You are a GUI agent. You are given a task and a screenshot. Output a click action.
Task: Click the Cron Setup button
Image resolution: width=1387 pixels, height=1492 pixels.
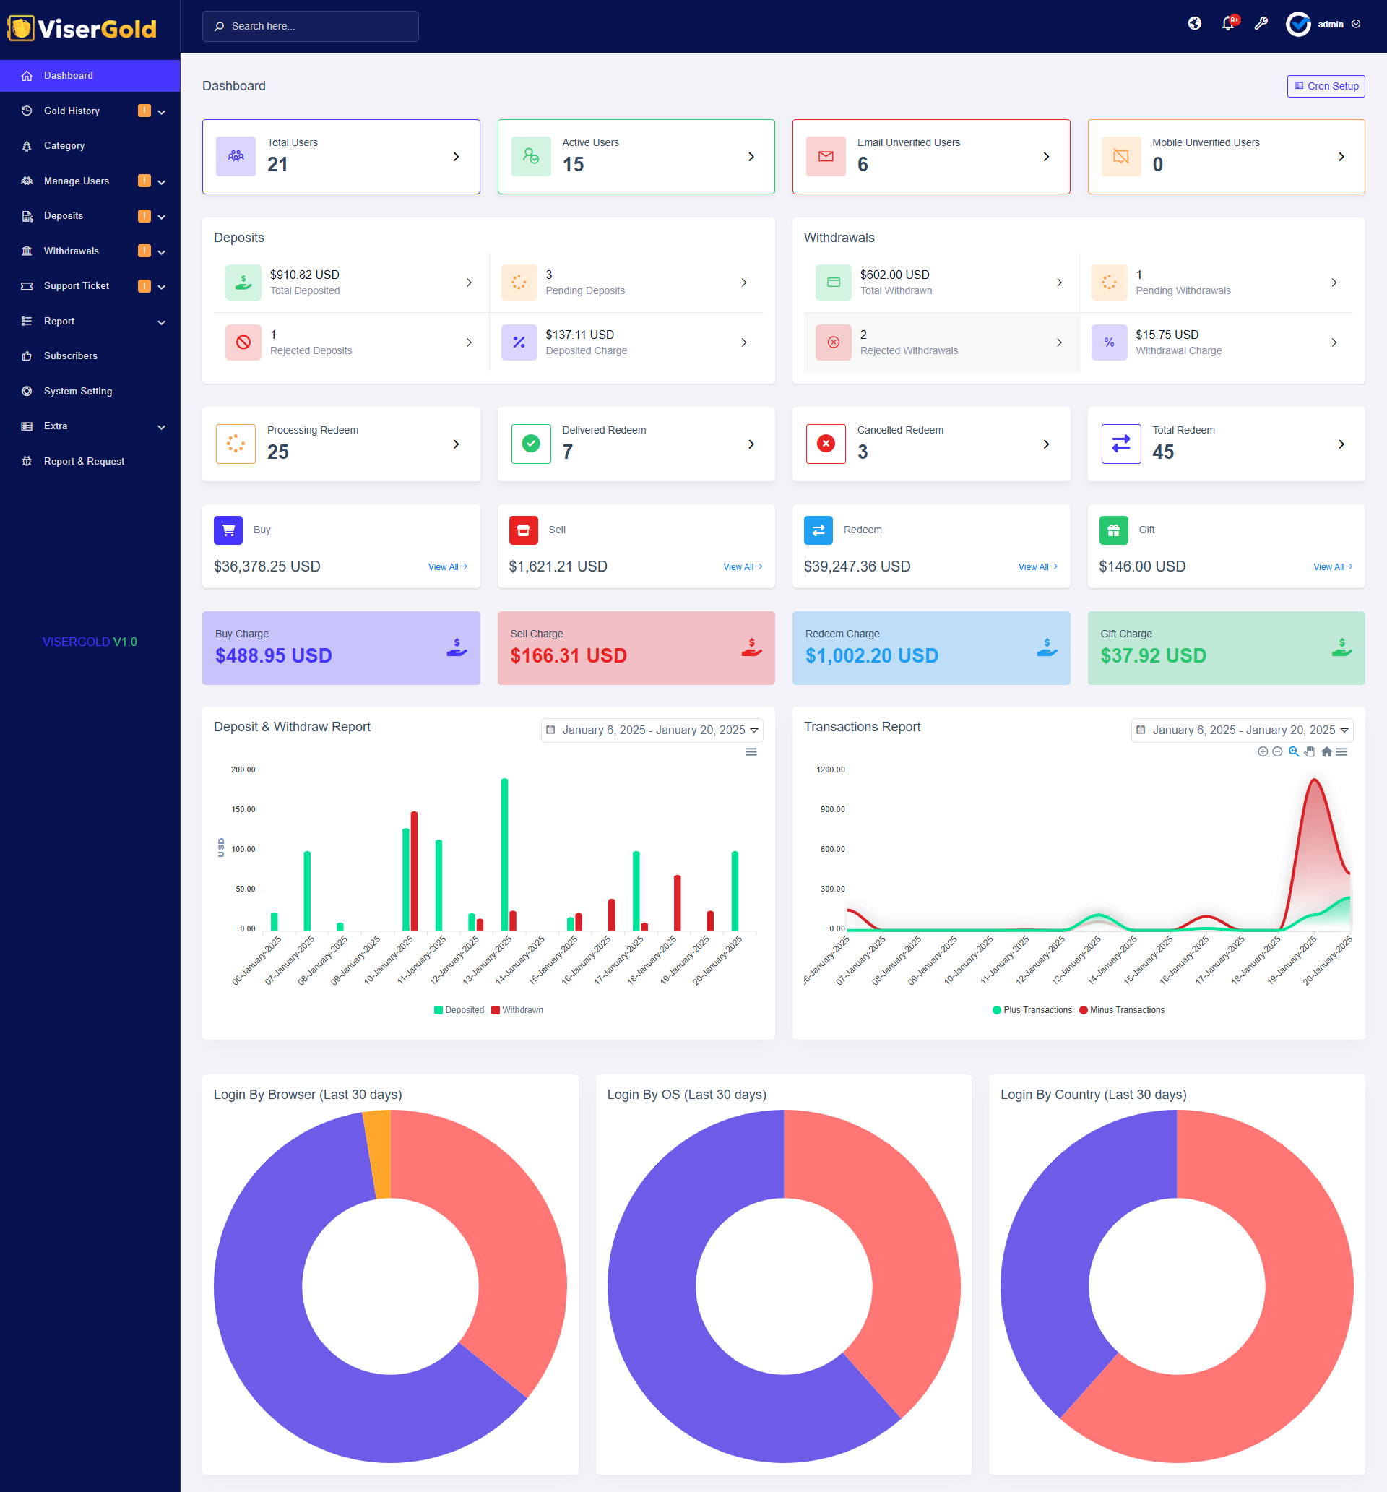tap(1326, 86)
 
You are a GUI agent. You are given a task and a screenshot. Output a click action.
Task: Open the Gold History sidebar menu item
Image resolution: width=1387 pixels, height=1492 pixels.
tap(72, 111)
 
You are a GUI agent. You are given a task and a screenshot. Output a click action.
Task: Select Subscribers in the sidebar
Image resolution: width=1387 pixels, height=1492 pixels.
tap(71, 355)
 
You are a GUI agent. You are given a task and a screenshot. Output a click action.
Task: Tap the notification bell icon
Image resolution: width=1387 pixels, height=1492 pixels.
tap(1228, 24)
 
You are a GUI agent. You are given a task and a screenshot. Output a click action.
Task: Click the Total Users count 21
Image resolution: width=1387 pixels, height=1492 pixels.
tap(277, 164)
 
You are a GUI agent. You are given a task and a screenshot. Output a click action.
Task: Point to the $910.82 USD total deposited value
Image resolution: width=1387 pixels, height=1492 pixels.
tap(305, 275)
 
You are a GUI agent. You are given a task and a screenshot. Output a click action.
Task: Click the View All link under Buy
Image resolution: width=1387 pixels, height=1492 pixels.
tap(447, 567)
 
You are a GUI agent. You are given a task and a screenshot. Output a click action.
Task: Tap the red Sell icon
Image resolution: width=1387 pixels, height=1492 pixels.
tap(523, 530)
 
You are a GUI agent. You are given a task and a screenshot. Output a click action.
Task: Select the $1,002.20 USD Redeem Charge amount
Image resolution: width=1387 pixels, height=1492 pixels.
tap(871, 656)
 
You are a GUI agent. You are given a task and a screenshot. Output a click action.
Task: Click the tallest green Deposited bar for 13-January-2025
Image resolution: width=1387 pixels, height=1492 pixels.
tap(504, 855)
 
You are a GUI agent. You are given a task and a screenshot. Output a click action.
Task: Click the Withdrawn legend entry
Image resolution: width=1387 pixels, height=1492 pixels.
tap(517, 1010)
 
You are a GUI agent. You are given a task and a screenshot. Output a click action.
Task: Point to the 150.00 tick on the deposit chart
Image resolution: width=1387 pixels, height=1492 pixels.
tap(243, 810)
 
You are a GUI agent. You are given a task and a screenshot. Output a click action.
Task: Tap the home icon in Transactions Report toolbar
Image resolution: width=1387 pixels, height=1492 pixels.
tap(1326, 752)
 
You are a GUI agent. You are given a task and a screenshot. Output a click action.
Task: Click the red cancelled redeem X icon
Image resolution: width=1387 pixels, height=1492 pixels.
tap(826, 444)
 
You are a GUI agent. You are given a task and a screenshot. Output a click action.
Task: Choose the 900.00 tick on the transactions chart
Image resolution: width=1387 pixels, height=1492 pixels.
tap(832, 810)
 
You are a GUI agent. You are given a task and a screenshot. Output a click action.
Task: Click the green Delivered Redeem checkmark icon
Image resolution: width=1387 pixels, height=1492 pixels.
tap(531, 444)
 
